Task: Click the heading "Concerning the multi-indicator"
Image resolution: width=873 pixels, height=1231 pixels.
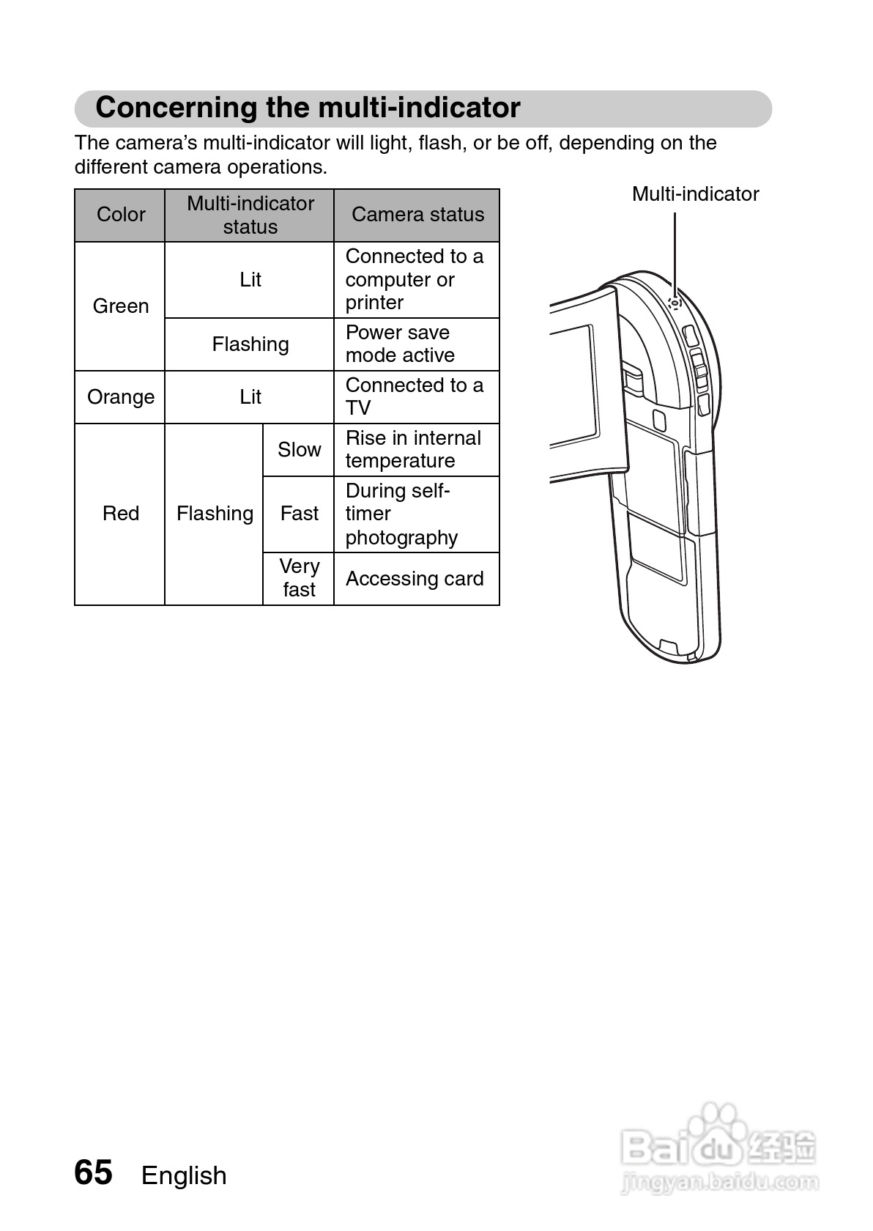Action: click(x=308, y=108)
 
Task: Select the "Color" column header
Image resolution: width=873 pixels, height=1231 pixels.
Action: click(x=121, y=215)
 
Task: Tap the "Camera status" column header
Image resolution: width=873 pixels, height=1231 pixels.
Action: click(x=417, y=215)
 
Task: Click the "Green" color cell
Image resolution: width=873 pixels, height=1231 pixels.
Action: click(x=121, y=306)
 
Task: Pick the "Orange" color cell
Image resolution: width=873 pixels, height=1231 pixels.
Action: click(x=121, y=396)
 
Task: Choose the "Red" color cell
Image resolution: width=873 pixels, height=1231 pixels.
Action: click(x=121, y=513)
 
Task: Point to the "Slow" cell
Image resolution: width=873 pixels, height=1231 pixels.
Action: click(x=299, y=449)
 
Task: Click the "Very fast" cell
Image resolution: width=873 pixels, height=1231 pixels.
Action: click(x=299, y=578)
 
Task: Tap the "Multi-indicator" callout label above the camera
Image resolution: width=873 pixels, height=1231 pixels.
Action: click(x=695, y=194)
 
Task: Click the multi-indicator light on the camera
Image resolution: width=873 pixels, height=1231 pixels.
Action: click(x=675, y=302)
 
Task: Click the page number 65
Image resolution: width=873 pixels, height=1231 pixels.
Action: click(x=94, y=1172)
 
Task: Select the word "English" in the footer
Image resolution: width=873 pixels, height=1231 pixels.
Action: click(x=184, y=1175)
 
